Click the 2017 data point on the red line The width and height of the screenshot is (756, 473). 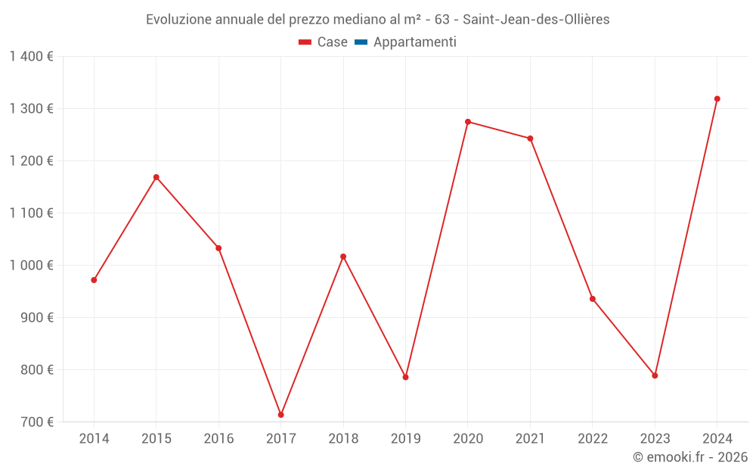(x=280, y=415)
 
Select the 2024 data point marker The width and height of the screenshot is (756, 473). (x=717, y=99)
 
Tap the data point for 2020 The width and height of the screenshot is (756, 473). (x=468, y=122)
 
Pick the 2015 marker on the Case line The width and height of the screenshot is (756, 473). (x=156, y=177)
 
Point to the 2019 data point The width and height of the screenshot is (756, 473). (x=405, y=377)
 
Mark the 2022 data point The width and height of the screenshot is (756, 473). (x=593, y=299)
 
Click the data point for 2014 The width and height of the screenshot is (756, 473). (x=94, y=280)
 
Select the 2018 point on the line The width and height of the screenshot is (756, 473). (x=343, y=257)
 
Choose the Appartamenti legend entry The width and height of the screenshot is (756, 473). (x=414, y=42)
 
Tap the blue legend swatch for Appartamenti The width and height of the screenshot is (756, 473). (x=361, y=42)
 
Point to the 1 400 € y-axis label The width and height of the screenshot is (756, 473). (x=31, y=57)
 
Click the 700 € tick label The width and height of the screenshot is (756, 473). (x=36, y=422)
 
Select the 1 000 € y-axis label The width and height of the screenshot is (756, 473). (x=31, y=266)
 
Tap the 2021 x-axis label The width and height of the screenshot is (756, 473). (x=530, y=439)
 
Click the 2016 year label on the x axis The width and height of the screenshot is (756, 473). (x=218, y=439)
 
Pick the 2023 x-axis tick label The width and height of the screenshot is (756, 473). (x=655, y=439)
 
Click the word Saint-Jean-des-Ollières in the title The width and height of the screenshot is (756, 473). (x=536, y=20)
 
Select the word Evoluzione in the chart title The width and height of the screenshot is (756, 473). (x=178, y=20)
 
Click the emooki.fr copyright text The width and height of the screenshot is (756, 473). (x=690, y=457)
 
